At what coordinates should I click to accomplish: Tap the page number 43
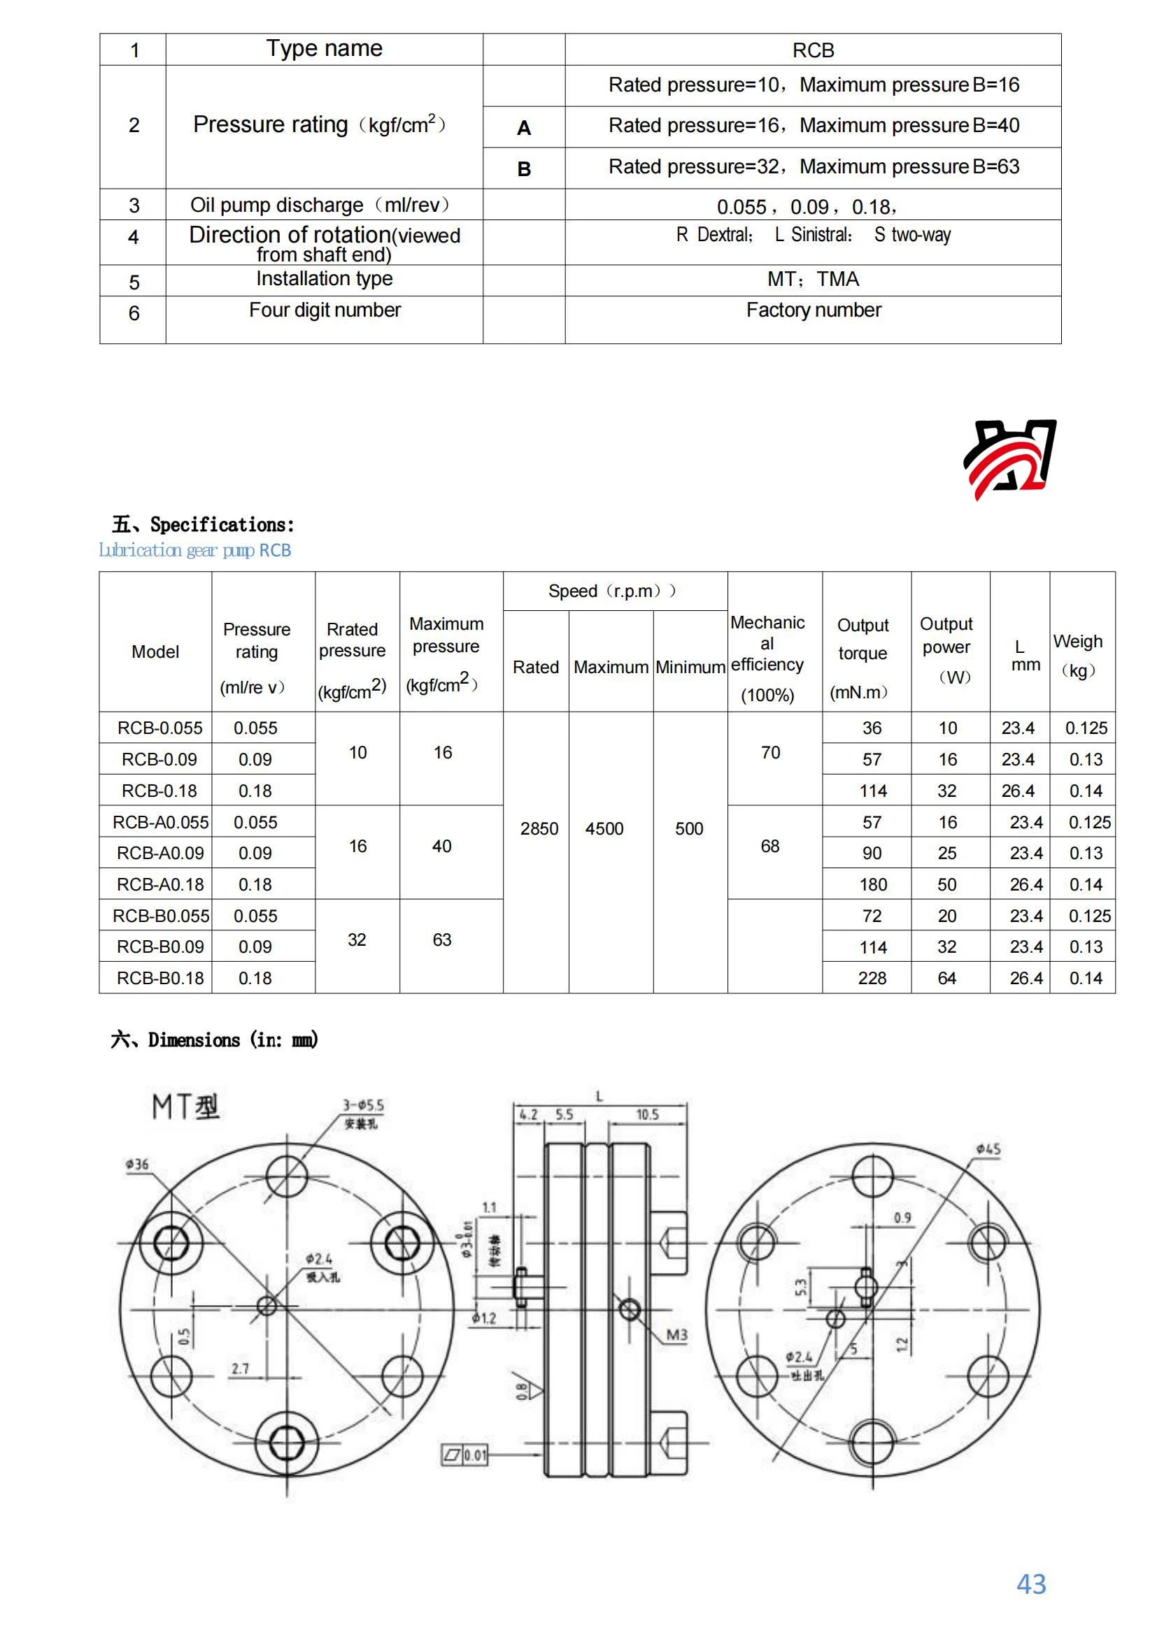(x=1030, y=1584)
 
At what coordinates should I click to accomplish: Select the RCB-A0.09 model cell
(x=159, y=853)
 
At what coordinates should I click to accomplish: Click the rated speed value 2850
(x=539, y=829)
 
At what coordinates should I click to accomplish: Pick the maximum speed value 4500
(x=604, y=829)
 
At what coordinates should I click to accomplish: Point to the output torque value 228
(x=872, y=979)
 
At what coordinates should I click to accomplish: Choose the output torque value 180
(x=873, y=884)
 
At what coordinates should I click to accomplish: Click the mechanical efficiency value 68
(x=770, y=846)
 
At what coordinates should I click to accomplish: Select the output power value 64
(x=947, y=979)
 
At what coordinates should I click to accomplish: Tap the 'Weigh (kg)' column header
(x=1078, y=655)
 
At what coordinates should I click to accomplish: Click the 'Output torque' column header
(x=863, y=639)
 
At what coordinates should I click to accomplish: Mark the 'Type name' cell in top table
(x=324, y=48)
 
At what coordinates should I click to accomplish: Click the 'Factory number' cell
(x=814, y=310)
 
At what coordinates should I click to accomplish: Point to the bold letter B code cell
(x=524, y=169)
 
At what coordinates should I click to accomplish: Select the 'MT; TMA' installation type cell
(x=813, y=279)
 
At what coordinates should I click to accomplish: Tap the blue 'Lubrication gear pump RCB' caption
(x=194, y=550)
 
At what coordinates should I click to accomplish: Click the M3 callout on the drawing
(x=677, y=1335)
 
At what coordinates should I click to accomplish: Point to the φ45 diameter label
(x=988, y=1149)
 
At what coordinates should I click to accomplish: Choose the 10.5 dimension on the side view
(x=647, y=1114)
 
